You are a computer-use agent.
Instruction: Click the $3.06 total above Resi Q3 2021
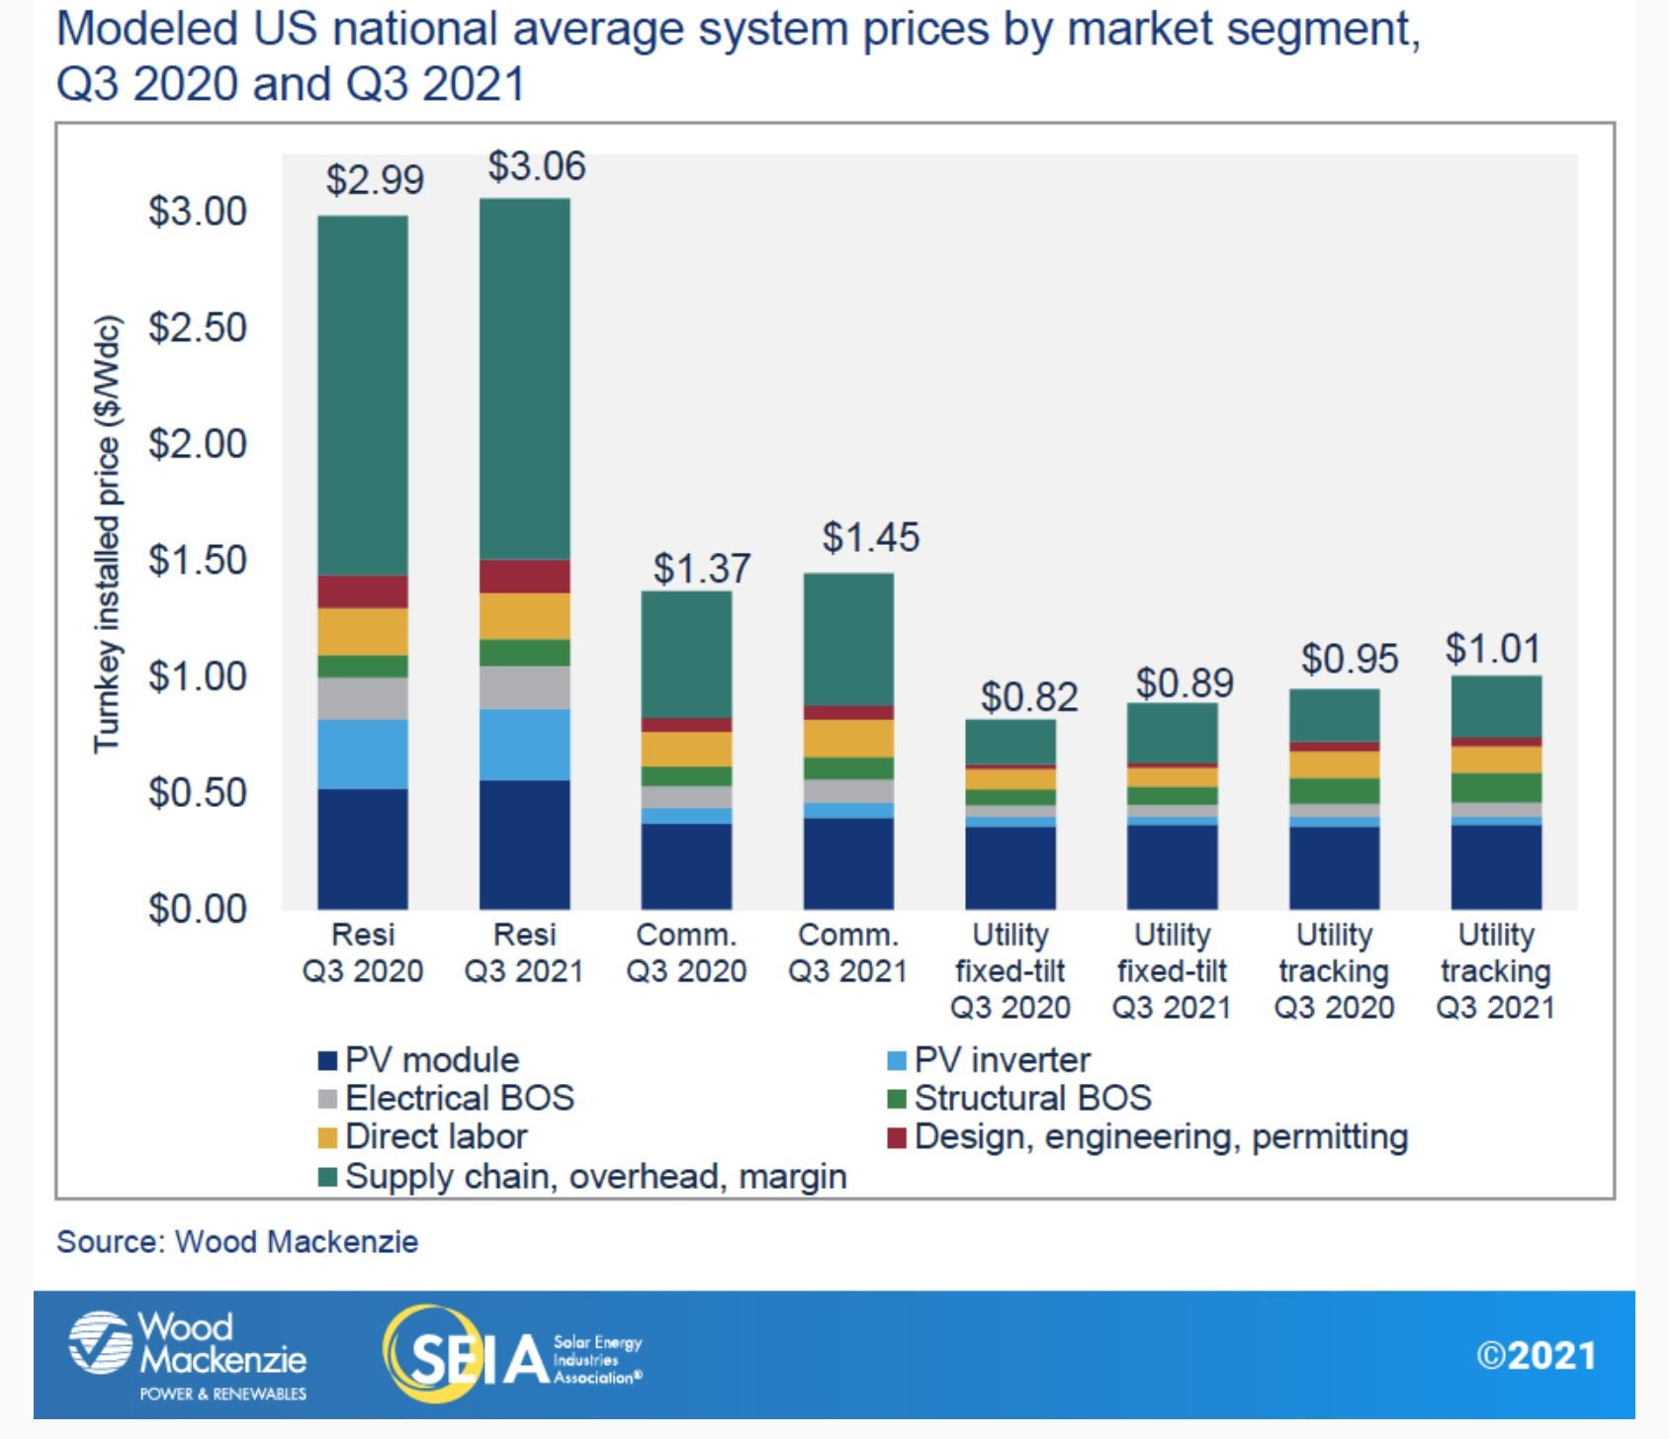click(x=536, y=166)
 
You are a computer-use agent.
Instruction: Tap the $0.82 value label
click(x=1028, y=697)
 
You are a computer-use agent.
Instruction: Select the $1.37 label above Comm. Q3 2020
click(x=702, y=569)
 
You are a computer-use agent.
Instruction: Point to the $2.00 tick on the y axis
click(x=197, y=444)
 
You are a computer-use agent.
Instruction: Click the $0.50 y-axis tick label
click(x=197, y=793)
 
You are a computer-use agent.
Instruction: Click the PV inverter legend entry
click(x=1001, y=1060)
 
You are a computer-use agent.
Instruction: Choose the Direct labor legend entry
click(x=435, y=1136)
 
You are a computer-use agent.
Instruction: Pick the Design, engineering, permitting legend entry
click(x=1159, y=1136)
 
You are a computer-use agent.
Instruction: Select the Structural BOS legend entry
click(x=1031, y=1098)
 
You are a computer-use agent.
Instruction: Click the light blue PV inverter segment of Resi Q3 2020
click(x=363, y=754)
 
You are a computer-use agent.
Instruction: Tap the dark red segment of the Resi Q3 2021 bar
click(x=525, y=576)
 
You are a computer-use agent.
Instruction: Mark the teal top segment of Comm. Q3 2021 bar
click(x=848, y=638)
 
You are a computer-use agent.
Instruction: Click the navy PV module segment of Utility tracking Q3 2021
click(x=1496, y=866)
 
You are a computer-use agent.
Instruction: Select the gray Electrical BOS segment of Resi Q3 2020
click(x=363, y=698)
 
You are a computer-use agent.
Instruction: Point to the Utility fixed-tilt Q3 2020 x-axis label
click(x=1010, y=971)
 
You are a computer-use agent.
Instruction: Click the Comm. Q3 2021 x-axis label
click(x=848, y=953)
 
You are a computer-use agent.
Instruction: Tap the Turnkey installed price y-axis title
click(x=107, y=534)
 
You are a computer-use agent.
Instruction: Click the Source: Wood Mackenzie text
click(x=237, y=1242)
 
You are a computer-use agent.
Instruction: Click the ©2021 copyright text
click(x=1537, y=1356)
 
